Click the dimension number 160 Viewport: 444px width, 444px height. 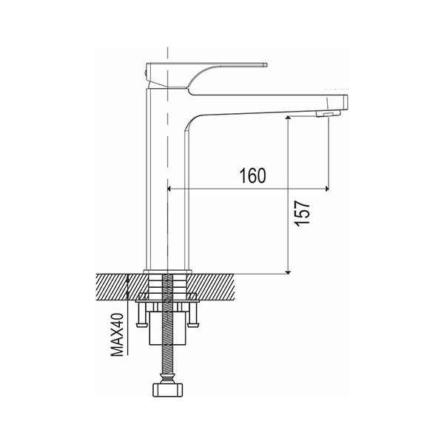tap(253, 175)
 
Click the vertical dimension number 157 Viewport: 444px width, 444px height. tap(302, 214)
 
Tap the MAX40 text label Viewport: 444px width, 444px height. tap(117, 334)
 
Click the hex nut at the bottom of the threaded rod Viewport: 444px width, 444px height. tap(168, 390)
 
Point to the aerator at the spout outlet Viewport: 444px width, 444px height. tap(328, 114)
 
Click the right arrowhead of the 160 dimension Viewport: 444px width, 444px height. tap(327, 189)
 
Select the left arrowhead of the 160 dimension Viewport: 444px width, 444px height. tap(169, 189)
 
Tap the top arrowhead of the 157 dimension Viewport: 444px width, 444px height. tap(288, 118)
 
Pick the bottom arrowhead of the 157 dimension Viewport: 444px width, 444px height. tap(288, 272)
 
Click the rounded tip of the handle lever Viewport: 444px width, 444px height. tap(266, 64)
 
